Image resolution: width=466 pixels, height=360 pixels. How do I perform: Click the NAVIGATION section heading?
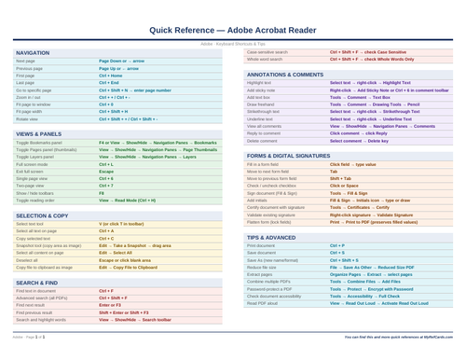tap(34, 53)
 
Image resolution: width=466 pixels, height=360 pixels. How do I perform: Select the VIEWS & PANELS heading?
tap(39, 134)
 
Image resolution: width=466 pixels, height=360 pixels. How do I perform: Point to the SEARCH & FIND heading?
tap(36, 282)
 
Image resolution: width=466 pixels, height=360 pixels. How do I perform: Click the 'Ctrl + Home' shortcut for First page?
tap(113, 76)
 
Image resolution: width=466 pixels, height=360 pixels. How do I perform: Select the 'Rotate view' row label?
tap(27, 118)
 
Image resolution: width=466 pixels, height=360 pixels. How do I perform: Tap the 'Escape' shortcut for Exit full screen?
tap(106, 172)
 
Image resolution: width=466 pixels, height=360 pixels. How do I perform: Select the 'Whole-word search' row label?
tap(267, 59)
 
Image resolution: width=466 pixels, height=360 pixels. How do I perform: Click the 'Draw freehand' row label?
tap(263, 104)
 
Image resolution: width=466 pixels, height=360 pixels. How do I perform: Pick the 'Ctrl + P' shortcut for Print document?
tap(336, 245)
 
